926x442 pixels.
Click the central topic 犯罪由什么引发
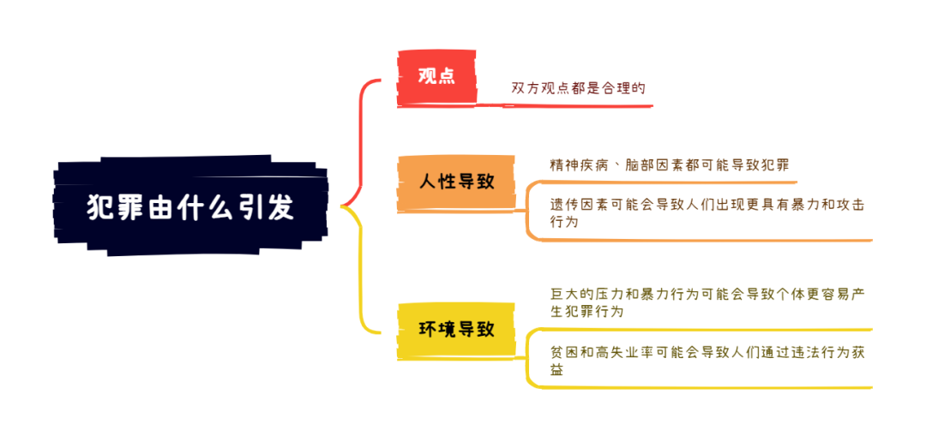190,206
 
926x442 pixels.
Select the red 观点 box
436,77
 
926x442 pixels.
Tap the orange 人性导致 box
456,182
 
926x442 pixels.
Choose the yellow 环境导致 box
456,329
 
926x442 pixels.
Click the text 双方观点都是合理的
578,88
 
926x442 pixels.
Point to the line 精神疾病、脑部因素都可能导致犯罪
669,164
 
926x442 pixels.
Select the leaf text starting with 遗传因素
707,213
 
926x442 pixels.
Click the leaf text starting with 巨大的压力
707,302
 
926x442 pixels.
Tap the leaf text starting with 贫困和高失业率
707,361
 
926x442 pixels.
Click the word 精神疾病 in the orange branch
578,164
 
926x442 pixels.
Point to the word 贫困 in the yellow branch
563,352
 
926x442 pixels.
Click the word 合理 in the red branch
616,88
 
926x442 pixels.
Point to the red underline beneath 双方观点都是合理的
564,106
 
